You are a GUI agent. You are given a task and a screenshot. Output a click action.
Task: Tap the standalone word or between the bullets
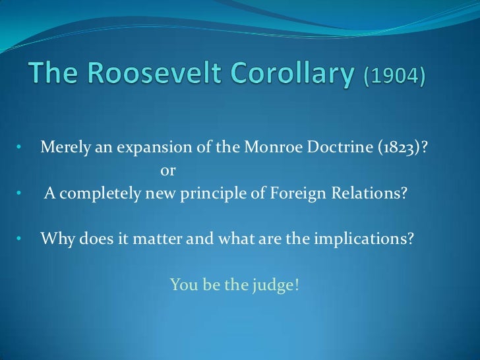pyautogui.click(x=168, y=171)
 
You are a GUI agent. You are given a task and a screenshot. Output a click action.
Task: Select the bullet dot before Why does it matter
pyautogui.click(x=20, y=237)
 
